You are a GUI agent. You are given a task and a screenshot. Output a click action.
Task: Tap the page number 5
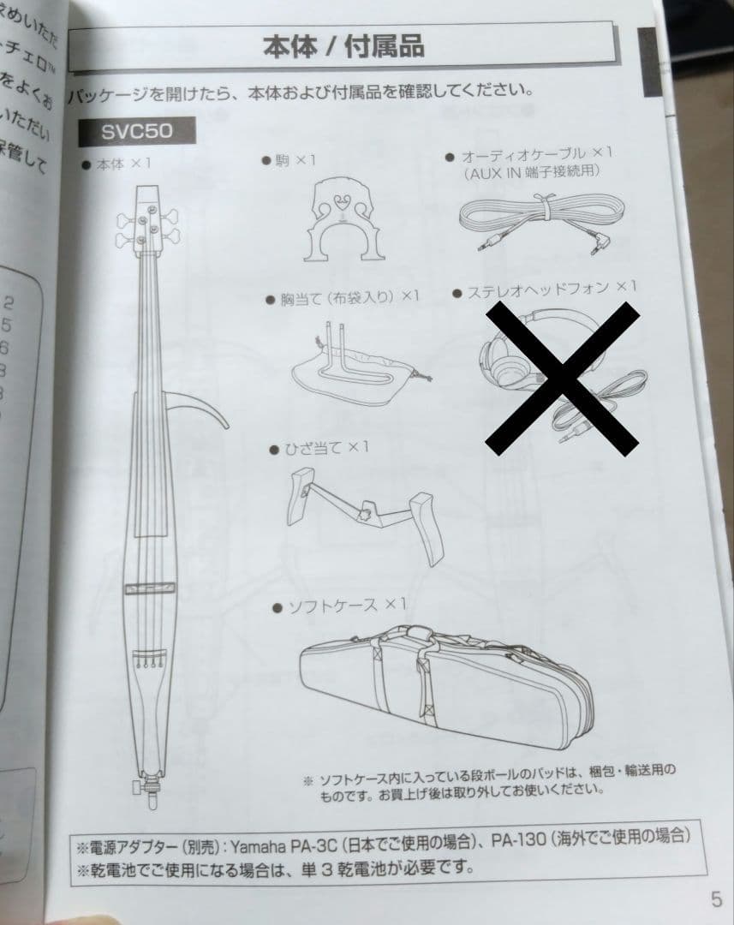pos(715,898)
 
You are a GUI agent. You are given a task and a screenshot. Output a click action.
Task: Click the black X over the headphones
pos(562,376)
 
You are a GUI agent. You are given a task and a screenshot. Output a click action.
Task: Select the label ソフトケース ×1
pos(339,606)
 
